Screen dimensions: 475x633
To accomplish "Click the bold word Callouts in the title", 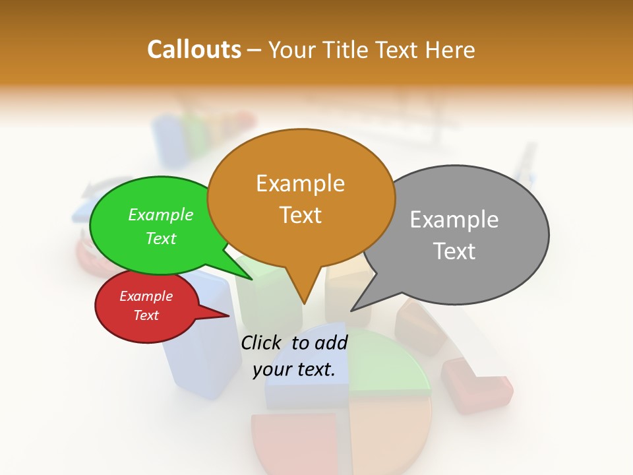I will point(194,49).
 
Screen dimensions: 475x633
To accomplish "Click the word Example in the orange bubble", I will point(300,183).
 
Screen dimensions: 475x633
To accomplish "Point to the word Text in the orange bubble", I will point(301,215).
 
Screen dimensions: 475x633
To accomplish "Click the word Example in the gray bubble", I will point(454,220).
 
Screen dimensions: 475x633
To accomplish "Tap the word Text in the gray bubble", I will point(455,251).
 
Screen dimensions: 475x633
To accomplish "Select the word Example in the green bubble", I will point(161,215).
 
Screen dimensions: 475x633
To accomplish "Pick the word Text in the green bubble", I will point(161,238).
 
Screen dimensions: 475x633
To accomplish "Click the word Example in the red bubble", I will point(146,296).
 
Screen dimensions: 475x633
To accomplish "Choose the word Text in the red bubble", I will point(146,315).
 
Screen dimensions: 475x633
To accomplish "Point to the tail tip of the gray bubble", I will point(353,309).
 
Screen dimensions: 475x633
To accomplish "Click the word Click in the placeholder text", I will point(263,342).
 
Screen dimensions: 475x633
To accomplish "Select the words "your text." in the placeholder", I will point(294,370).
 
